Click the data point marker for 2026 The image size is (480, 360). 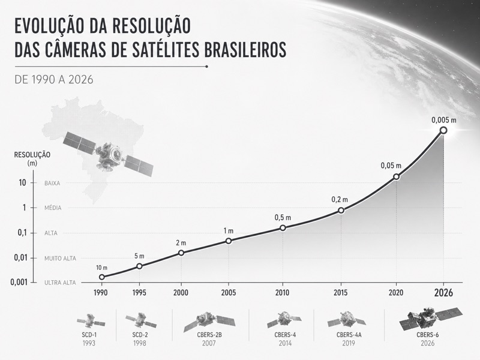pyautogui.click(x=443, y=130)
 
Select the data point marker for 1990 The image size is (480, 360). pyautogui.click(x=102, y=277)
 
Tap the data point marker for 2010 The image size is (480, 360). pyautogui.click(x=283, y=228)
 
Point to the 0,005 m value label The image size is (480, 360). pyautogui.click(x=443, y=119)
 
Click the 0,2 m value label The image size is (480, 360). pyautogui.click(x=340, y=199)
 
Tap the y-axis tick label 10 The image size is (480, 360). pyautogui.click(x=22, y=183)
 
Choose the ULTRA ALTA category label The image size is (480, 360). pyautogui.click(x=61, y=283)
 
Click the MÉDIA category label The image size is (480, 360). pyautogui.click(x=53, y=208)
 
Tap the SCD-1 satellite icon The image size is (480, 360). pyautogui.click(x=91, y=320)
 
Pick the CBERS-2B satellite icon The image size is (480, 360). pyautogui.click(x=205, y=320)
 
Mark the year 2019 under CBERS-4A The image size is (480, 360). pyautogui.click(x=348, y=344)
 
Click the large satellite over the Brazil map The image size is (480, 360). pyautogui.click(x=109, y=155)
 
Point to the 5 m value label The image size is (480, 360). pyautogui.click(x=140, y=256)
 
